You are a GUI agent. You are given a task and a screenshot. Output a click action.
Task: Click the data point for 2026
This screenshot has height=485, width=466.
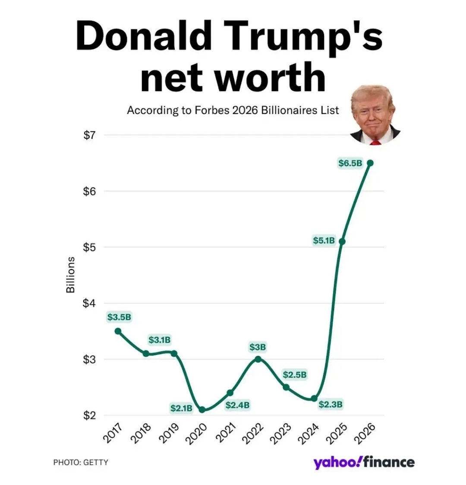[370, 163]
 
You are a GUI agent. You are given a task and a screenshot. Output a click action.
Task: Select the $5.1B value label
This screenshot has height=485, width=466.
[324, 240]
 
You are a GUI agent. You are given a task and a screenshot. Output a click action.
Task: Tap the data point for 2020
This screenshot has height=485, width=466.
[202, 409]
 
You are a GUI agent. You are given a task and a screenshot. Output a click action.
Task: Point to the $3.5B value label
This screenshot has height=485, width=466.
[119, 317]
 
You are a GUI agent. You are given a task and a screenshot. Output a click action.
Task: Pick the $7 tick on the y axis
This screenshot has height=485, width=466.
[89, 135]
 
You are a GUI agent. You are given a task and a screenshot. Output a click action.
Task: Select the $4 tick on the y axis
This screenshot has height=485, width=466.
[89, 303]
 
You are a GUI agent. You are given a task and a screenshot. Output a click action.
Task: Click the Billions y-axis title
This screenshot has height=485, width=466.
[70, 275]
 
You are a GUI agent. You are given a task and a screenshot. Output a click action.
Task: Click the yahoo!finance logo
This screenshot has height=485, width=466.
[364, 462]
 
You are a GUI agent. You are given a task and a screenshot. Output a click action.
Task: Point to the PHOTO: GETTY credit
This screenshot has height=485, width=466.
[81, 462]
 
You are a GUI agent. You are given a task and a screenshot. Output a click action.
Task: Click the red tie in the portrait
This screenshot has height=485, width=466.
[375, 141]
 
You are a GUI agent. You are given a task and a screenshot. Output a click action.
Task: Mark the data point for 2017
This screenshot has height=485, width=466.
[118, 331]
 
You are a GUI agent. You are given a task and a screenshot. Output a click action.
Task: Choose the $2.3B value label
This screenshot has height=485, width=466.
[331, 404]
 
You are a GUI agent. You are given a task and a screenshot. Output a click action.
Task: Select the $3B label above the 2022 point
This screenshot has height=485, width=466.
[258, 347]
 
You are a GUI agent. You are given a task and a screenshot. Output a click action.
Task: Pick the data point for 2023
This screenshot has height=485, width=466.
[286, 387]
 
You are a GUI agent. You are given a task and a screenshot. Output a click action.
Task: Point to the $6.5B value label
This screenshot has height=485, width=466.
[350, 163]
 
